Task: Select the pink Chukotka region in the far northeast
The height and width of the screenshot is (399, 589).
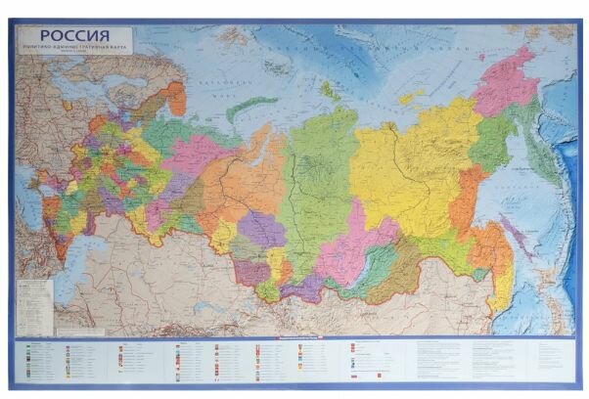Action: coord(507,83)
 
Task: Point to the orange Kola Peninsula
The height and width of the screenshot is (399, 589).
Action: coord(172,98)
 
